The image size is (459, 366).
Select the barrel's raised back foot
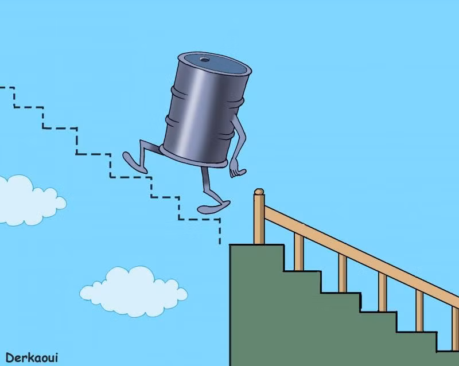tap(134, 160)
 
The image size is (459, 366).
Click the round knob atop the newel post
tap(259, 192)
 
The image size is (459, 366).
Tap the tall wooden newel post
tap(259, 221)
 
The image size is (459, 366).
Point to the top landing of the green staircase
tap(255, 252)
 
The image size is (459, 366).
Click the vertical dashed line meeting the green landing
tap(220, 232)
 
